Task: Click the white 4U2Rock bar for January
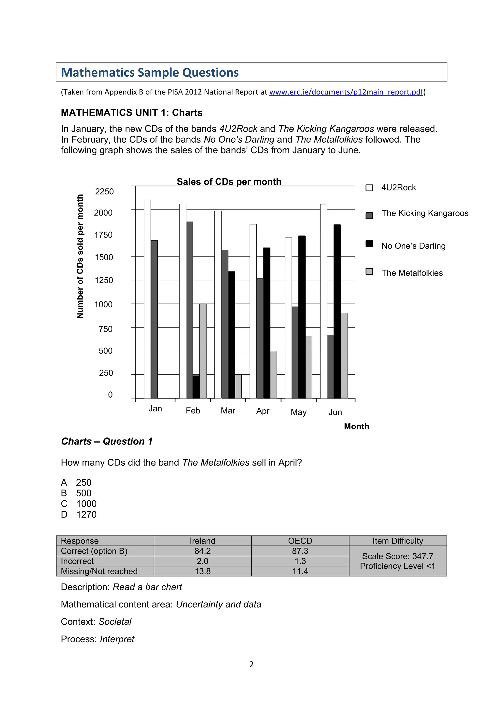point(147,299)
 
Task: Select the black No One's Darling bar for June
point(337,311)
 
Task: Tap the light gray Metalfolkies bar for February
point(203,351)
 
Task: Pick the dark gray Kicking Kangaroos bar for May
point(295,352)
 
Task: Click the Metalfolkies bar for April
point(274,374)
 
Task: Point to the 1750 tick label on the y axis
point(103,235)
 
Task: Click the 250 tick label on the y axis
point(106,373)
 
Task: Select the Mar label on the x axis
point(228,411)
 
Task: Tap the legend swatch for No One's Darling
point(369,243)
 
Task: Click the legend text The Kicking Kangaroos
point(425,213)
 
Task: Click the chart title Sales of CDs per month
point(229,181)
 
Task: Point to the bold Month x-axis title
point(357,426)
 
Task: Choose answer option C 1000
point(79,504)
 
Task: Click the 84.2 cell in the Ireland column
point(203,551)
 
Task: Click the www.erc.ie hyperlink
point(346,92)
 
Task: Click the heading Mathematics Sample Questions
point(150,72)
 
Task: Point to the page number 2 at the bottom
point(251,664)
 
